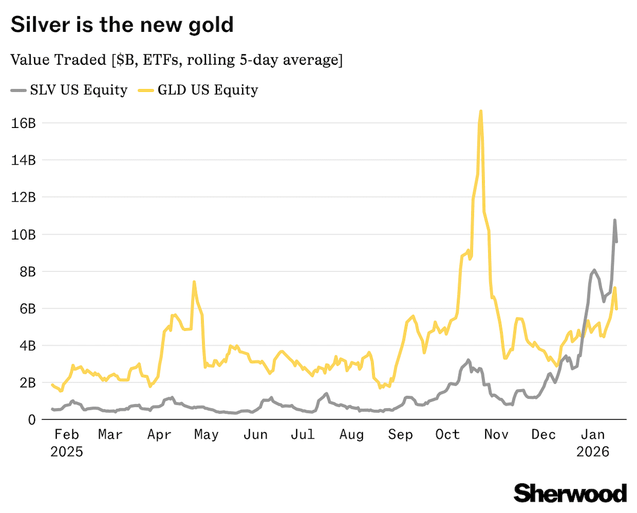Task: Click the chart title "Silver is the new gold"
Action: pyautogui.click(x=122, y=25)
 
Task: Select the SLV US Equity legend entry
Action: pyautogui.click(x=70, y=90)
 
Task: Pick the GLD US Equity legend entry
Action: pyautogui.click(x=199, y=90)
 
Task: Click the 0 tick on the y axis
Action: pyautogui.click(x=31, y=420)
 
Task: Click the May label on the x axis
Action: pyautogui.click(x=206, y=435)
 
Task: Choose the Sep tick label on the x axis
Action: pyautogui.click(x=400, y=435)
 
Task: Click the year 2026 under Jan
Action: pyautogui.click(x=592, y=452)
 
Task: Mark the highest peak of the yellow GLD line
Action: pyautogui.click(x=480, y=111)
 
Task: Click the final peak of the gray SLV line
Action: pyautogui.click(x=615, y=220)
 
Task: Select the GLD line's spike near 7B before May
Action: pyautogui.click(x=194, y=282)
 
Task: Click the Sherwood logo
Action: pyautogui.click(x=570, y=493)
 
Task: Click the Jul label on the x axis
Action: pyautogui.click(x=303, y=435)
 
